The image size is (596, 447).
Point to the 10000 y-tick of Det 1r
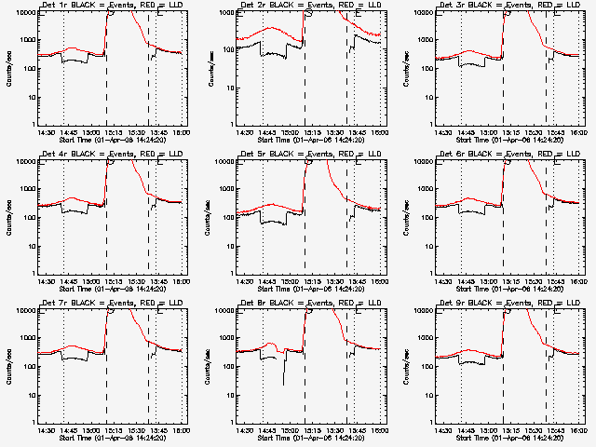click(x=24, y=12)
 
